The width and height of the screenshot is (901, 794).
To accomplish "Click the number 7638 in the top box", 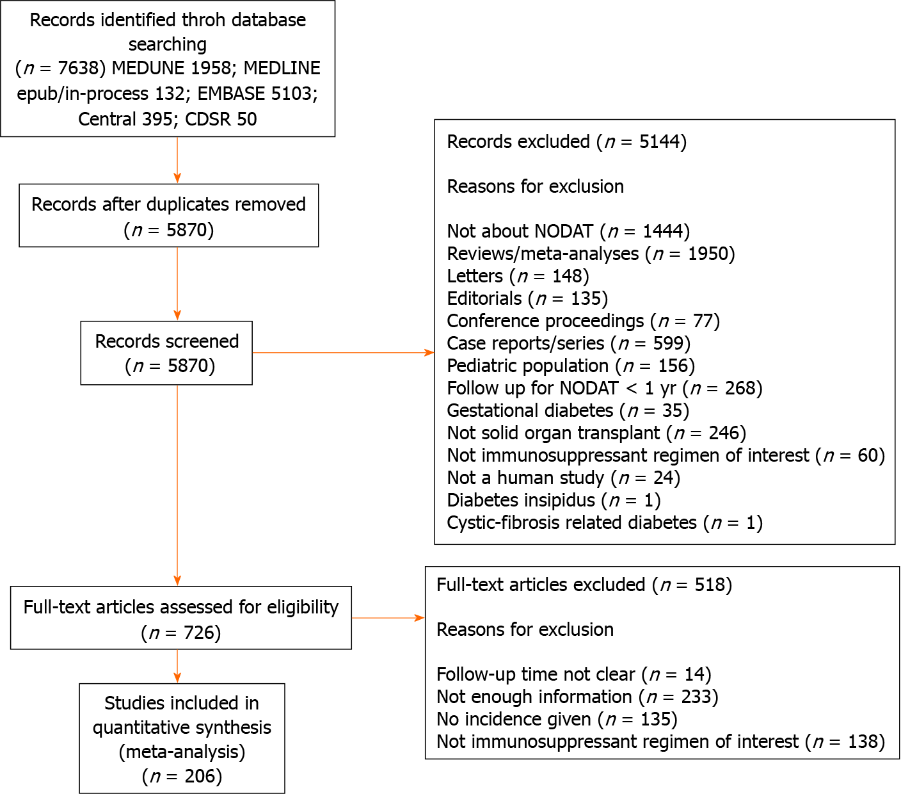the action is click(77, 69).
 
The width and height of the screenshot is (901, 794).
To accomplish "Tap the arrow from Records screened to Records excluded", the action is click(344, 352).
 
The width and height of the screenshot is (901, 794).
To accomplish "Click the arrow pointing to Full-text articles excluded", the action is click(388, 618).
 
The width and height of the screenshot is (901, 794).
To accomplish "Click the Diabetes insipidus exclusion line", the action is click(554, 500).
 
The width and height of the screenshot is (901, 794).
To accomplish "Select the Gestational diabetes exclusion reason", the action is click(568, 410).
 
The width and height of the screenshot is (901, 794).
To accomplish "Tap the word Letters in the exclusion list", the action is click(475, 276).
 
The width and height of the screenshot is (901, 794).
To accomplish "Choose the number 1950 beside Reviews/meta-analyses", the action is click(708, 254).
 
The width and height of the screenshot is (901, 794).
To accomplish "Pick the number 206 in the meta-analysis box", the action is click(200, 776).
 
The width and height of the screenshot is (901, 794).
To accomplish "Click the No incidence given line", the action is click(557, 719).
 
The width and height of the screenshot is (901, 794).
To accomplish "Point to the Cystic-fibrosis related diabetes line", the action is click(605, 523).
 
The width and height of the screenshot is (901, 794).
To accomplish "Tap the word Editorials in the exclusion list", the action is click(484, 298).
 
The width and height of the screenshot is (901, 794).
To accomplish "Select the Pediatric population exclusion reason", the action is click(571, 366).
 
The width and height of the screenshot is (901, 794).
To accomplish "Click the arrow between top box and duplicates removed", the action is click(177, 160).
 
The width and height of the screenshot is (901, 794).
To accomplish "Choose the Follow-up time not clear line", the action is click(574, 674).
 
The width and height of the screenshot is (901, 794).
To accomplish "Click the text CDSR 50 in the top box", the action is click(221, 119).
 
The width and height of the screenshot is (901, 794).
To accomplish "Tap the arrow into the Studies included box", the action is click(177, 667).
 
